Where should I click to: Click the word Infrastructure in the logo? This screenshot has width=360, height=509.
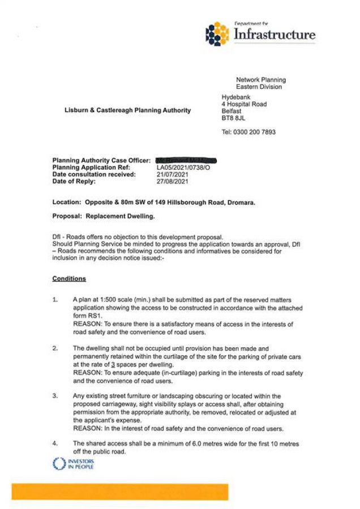[275, 35]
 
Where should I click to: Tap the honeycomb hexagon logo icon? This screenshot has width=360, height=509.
[217, 33]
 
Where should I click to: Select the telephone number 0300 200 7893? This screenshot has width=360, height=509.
[255, 132]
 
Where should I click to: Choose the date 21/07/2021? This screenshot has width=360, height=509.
[172, 174]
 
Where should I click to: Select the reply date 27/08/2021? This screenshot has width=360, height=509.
[172, 181]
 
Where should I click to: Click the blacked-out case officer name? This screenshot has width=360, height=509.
[186, 161]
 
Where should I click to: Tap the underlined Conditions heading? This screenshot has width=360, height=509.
[69, 279]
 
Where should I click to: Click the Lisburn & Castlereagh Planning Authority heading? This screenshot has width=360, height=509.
[128, 111]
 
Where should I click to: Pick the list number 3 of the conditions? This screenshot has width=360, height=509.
[55, 396]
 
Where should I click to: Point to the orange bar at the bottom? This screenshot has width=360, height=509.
[120, 491]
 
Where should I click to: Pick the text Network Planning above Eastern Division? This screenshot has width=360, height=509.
[260, 80]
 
